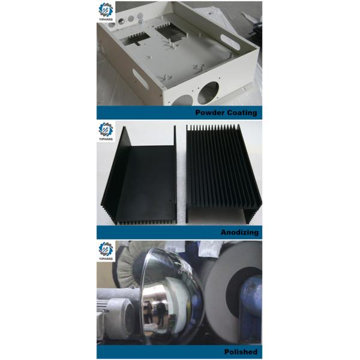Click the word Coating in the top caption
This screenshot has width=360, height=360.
point(241,112)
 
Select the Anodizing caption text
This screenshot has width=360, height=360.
point(239,232)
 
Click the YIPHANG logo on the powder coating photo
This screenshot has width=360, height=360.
point(107,14)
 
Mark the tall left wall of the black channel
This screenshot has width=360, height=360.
point(116,174)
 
